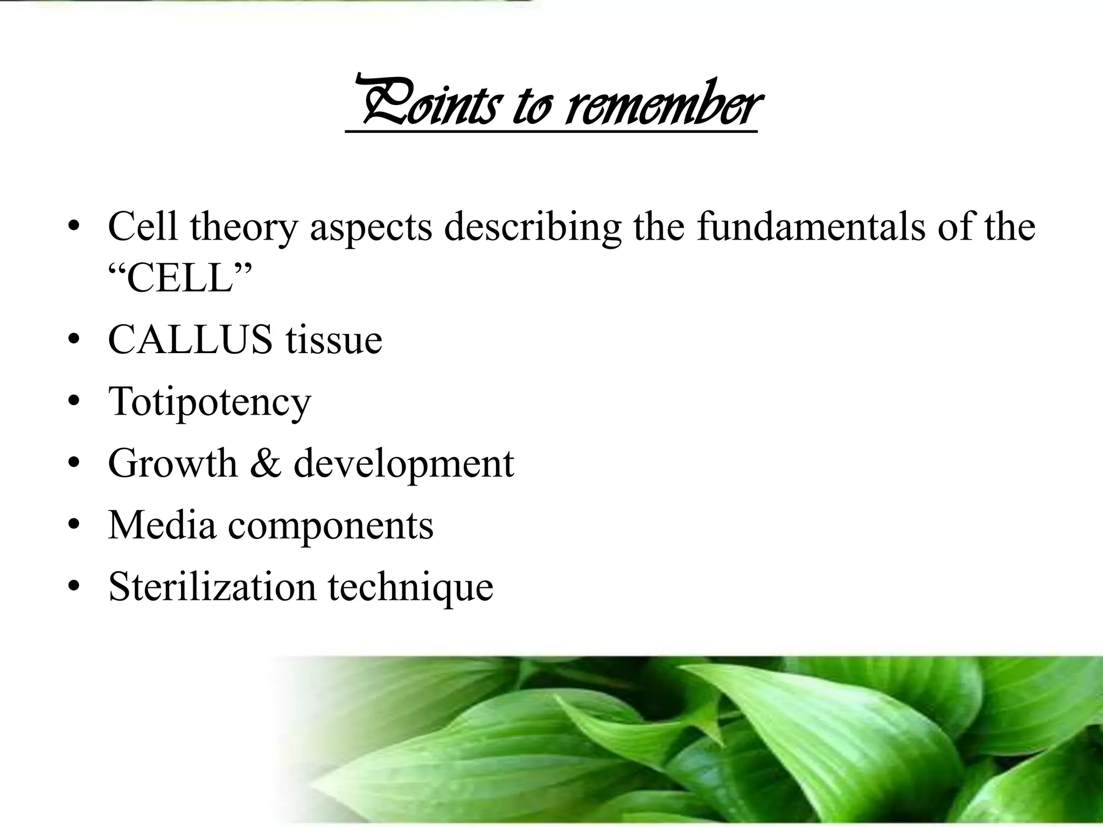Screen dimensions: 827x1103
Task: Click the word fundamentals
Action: point(810,226)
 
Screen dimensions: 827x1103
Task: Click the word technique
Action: point(410,587)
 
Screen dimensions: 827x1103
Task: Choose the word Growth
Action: point(172,463)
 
